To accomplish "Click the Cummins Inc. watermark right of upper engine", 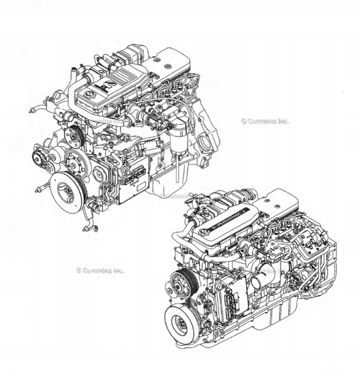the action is [x=265, y=121].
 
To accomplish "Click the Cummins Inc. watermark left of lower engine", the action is [x=101, y=270].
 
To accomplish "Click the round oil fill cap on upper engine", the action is [x=85, y=95].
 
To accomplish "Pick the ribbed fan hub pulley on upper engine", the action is [x=73, y=134].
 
